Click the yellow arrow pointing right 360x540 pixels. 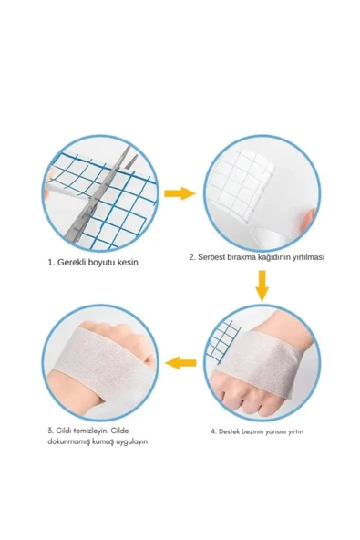pos(180,193)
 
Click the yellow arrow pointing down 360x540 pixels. pos(262,286)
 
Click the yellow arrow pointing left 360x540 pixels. pos(180,363)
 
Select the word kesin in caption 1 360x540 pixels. pos(128,262)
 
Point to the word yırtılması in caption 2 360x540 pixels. pos(308,257)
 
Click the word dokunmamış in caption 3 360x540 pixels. pos(68,441)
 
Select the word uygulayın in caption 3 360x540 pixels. pos(131,441)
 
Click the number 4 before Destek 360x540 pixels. pos(213,431)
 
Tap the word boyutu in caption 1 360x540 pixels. pos(102,262)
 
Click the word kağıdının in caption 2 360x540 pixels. pos(273,257)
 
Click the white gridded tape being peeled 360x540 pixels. pos(242,181)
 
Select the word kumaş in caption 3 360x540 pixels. pos(102,441)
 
